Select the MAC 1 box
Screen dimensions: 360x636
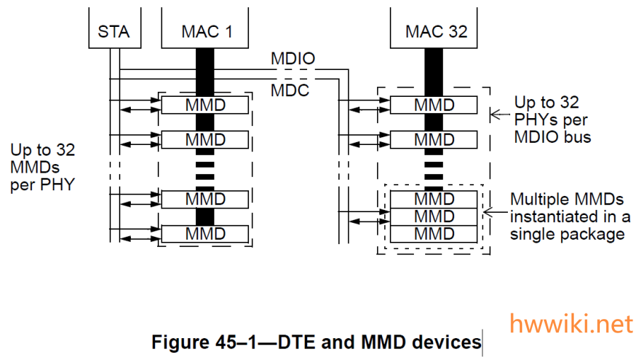click(x=205, y=31)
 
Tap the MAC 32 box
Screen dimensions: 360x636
click(x=435, y=31)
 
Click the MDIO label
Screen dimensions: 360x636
click(x=292, y=59)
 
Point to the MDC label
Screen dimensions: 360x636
click(x=290, y=91)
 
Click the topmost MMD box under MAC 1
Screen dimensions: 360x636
click(x=205, y=105)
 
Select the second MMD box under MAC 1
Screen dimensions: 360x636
click(x=205, y=139)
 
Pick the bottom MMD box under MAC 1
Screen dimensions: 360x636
click(x=205, y=233)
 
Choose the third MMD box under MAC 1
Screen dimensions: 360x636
click(x=205, y=199)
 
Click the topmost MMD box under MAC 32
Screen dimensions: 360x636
click(x=434, y=105)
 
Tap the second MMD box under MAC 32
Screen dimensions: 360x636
click(x=434, y=139)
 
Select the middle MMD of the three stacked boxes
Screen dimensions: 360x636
click(x=434, y=216)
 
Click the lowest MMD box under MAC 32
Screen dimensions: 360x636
click(x=434, y=233)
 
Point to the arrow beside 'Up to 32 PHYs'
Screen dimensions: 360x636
click(x=500, y=114)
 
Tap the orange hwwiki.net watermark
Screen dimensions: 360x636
click(x=571, y=324)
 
